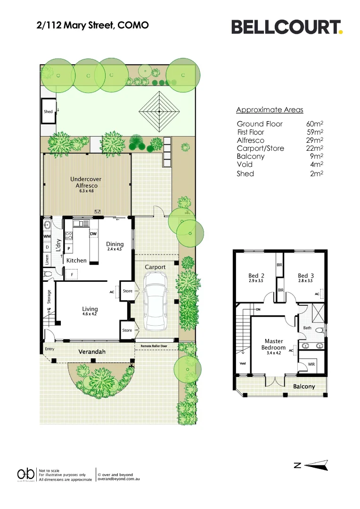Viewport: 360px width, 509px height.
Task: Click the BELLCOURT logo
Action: [286, 27]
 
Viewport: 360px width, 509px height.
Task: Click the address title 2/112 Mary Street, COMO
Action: [92, 25]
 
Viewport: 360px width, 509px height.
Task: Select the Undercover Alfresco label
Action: [86, 183]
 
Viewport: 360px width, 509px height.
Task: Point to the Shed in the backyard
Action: [48, 112]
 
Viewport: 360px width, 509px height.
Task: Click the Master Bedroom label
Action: [274, 345]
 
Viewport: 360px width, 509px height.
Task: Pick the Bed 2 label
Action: [256, 276]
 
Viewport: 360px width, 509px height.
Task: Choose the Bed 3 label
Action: [305, 276]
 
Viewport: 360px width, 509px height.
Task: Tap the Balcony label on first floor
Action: [304, 386]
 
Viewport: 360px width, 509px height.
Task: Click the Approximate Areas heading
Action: [270, 110]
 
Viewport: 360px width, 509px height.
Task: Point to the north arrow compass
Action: [311, 465]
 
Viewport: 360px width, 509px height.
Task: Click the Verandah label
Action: [92, 352]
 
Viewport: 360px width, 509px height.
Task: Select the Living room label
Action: [89, 310]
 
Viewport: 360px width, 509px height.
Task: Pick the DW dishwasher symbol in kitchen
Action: [93, 234]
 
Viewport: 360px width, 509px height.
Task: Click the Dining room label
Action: [115, 244]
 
